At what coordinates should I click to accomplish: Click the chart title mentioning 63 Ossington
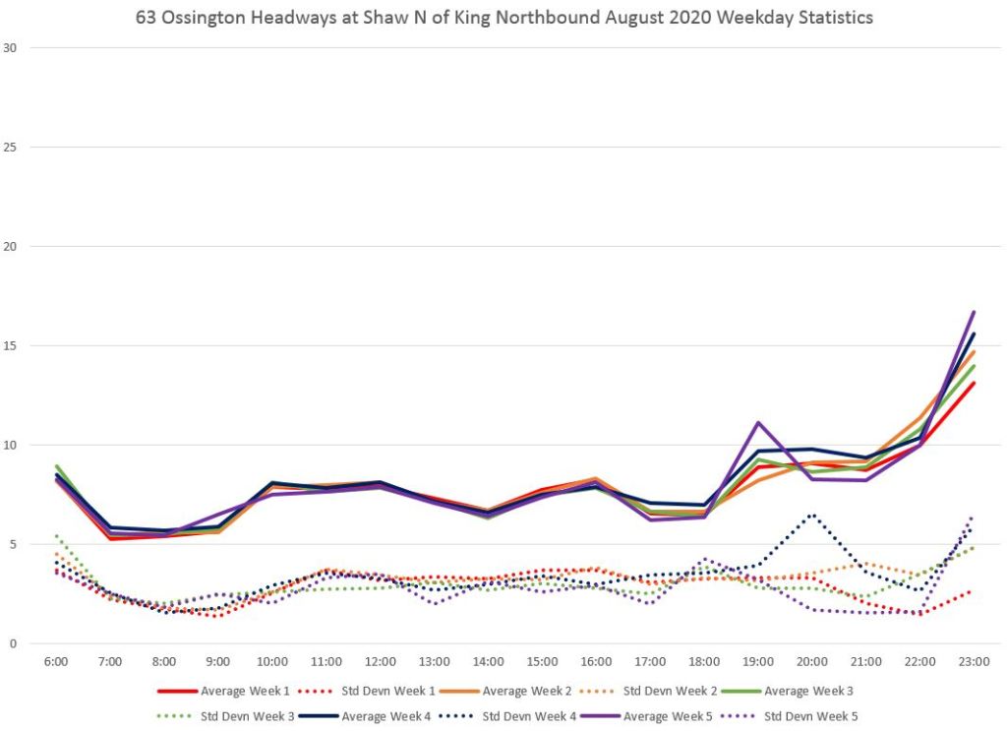coord(503,18)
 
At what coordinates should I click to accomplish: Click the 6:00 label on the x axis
coord(56,661)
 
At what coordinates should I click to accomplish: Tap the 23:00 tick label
coord(974,661)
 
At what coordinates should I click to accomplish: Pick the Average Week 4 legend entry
coord(392,716)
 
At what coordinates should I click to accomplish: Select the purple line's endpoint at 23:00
coord(974,312)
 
